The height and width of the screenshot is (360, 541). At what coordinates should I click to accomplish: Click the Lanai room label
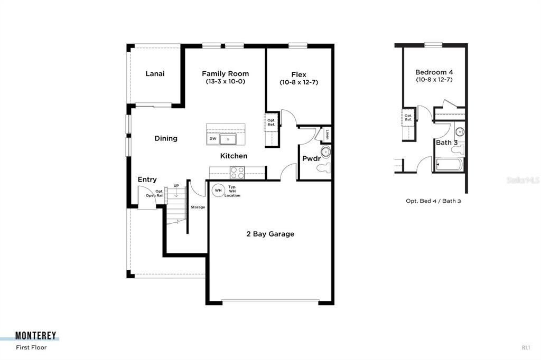[x=155, y=73]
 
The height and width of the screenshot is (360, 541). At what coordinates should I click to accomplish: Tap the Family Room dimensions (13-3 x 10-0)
[x=225, y=82]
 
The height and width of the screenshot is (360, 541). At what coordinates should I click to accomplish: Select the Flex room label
[x=299, y=74]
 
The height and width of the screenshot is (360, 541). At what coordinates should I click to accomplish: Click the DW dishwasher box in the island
[x=213, y=139]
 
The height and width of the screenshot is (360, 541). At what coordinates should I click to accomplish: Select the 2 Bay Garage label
[x=270, y=234]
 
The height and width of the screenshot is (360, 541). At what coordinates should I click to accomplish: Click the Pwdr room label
[x=311, y=158]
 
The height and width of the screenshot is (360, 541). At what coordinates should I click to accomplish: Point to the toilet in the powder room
[x=323, y=168]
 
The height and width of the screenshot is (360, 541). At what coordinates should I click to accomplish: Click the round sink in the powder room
[x=325, y=152]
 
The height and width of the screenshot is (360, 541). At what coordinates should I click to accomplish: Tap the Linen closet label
[x=328, y=134]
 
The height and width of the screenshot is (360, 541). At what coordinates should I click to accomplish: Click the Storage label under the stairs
[x=198, y=207]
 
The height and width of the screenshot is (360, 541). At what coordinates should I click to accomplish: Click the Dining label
[x=166, y=138]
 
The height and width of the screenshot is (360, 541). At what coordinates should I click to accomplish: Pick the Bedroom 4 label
[x=434, y=72]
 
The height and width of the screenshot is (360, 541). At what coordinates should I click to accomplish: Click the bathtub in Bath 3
[x=449, y=165]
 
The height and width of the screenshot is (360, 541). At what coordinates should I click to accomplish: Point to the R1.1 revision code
[x=526, y=347]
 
